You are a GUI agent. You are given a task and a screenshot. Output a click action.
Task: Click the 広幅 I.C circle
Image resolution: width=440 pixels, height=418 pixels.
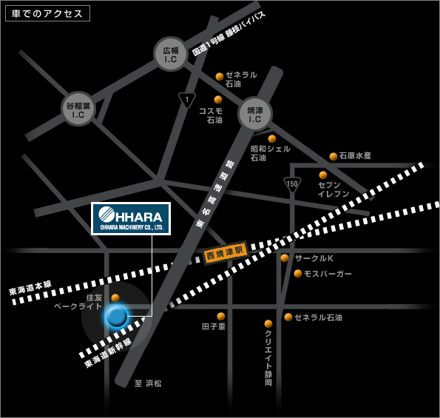171,53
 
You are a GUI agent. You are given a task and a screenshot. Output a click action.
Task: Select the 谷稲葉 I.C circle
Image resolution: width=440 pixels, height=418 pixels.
78,109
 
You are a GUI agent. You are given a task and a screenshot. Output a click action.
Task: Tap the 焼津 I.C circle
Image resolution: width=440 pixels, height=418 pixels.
255,114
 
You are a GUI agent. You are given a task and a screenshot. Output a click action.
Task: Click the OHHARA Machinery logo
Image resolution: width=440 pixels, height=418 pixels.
131,218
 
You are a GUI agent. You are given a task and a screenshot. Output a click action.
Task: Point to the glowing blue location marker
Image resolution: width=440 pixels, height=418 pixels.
116,317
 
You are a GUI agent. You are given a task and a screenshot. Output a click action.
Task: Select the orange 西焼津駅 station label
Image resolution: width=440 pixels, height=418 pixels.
225,254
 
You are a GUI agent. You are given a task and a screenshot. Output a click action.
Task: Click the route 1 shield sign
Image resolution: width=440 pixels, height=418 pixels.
187,100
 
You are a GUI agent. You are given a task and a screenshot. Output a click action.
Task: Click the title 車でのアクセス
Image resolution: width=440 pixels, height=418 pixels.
47,13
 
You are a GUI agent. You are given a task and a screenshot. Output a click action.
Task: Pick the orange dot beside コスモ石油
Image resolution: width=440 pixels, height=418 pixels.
218,100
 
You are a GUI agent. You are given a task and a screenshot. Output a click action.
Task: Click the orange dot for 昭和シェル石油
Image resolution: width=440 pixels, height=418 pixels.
272,138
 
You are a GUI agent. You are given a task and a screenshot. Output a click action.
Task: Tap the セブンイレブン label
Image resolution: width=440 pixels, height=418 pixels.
333,189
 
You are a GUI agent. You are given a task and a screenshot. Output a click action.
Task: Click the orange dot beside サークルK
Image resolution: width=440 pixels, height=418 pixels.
285,258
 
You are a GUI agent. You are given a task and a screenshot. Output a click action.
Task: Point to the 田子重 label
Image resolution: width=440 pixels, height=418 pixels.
214,326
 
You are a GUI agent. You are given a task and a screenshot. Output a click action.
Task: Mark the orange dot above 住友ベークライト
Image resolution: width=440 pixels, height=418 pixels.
115,297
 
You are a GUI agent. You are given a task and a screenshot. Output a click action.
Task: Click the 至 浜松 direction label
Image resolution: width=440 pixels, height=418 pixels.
148,383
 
